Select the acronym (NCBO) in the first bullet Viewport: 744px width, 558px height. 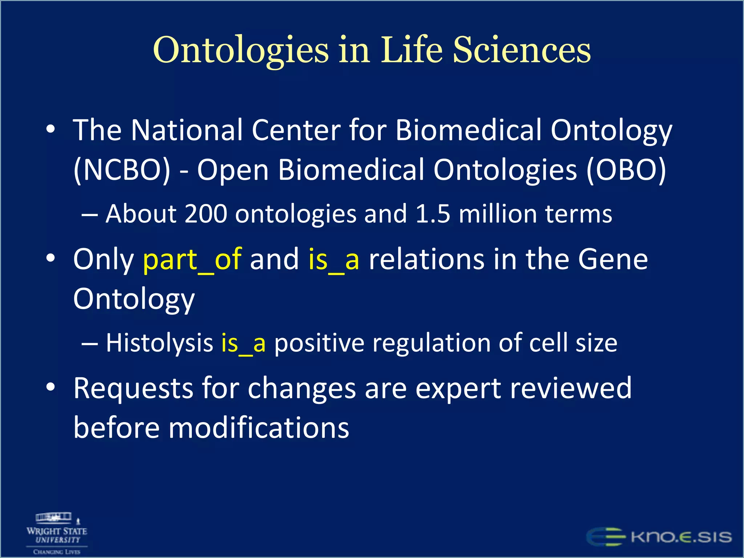click(122, 170)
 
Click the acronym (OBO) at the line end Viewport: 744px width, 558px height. click(626, 170)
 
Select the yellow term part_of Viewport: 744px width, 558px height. click(192, 259)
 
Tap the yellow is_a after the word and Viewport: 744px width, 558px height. click(333, 259)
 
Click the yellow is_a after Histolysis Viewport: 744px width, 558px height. click(243, 343)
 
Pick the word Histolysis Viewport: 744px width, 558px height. click(159, 343)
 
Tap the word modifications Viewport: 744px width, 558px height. click(259, 428)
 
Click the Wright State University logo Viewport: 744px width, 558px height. click(57, 533)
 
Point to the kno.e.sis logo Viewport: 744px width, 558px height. click(659, 537)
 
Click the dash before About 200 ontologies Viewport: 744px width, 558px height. click(89, 214)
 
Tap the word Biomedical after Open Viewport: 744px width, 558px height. click(351, 170)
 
